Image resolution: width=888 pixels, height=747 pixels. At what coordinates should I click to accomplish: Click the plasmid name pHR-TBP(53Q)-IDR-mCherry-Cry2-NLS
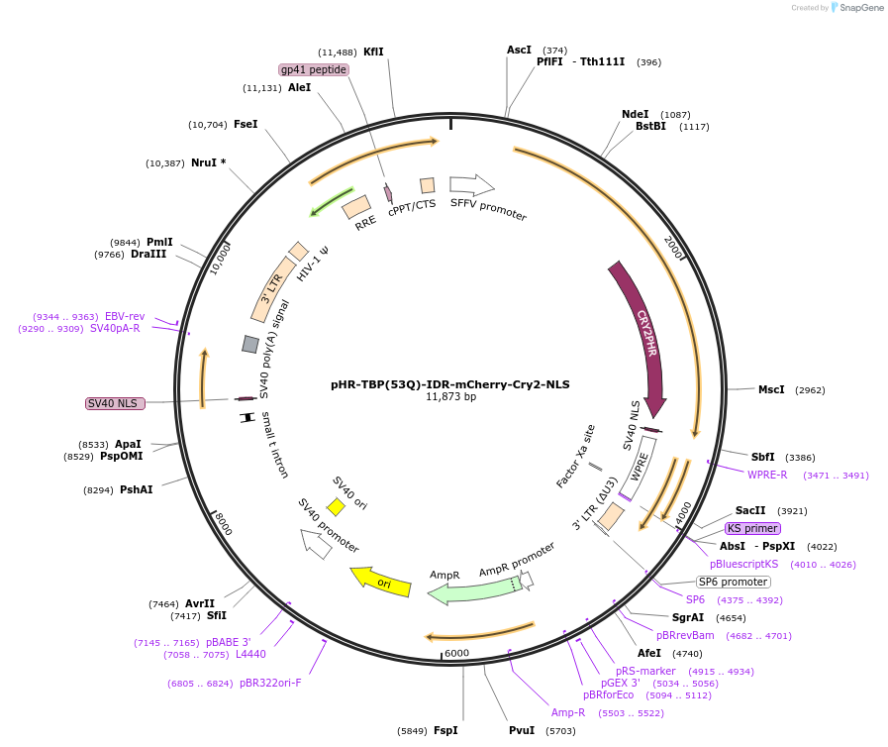click(450, 384)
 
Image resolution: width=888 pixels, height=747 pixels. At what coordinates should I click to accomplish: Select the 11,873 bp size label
click(450, 397)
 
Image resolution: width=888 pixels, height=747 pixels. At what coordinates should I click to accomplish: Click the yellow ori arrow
click(378, 582)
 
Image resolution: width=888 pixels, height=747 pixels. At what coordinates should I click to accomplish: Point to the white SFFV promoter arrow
click(471, 184)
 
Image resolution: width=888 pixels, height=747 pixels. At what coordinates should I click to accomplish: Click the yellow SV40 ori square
click(336, 507)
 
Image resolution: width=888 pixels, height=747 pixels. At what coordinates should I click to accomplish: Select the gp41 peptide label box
click(314, 69)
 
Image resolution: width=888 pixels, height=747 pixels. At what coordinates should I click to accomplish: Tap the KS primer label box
click(752, 528)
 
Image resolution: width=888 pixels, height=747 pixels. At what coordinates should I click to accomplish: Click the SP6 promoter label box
click(733, 582)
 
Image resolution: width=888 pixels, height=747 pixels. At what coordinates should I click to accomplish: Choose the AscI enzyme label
click(519, 50)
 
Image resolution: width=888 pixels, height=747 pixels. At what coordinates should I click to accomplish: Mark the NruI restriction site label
click(209, 162)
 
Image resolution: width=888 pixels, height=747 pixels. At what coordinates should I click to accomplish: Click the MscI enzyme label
click(770, 389)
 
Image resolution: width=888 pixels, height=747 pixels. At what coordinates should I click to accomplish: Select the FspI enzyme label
click(445, 730)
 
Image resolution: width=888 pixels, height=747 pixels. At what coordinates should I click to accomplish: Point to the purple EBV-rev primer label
click(125, 316)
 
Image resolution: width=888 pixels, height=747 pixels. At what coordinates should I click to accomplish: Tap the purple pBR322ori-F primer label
click(270, 683)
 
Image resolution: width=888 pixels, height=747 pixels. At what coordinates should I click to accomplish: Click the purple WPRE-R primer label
click(768, 475)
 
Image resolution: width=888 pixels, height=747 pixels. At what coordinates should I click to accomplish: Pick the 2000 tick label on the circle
click(673, 248)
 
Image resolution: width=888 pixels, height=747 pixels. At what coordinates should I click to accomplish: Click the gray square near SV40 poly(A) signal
click(250, 344)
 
